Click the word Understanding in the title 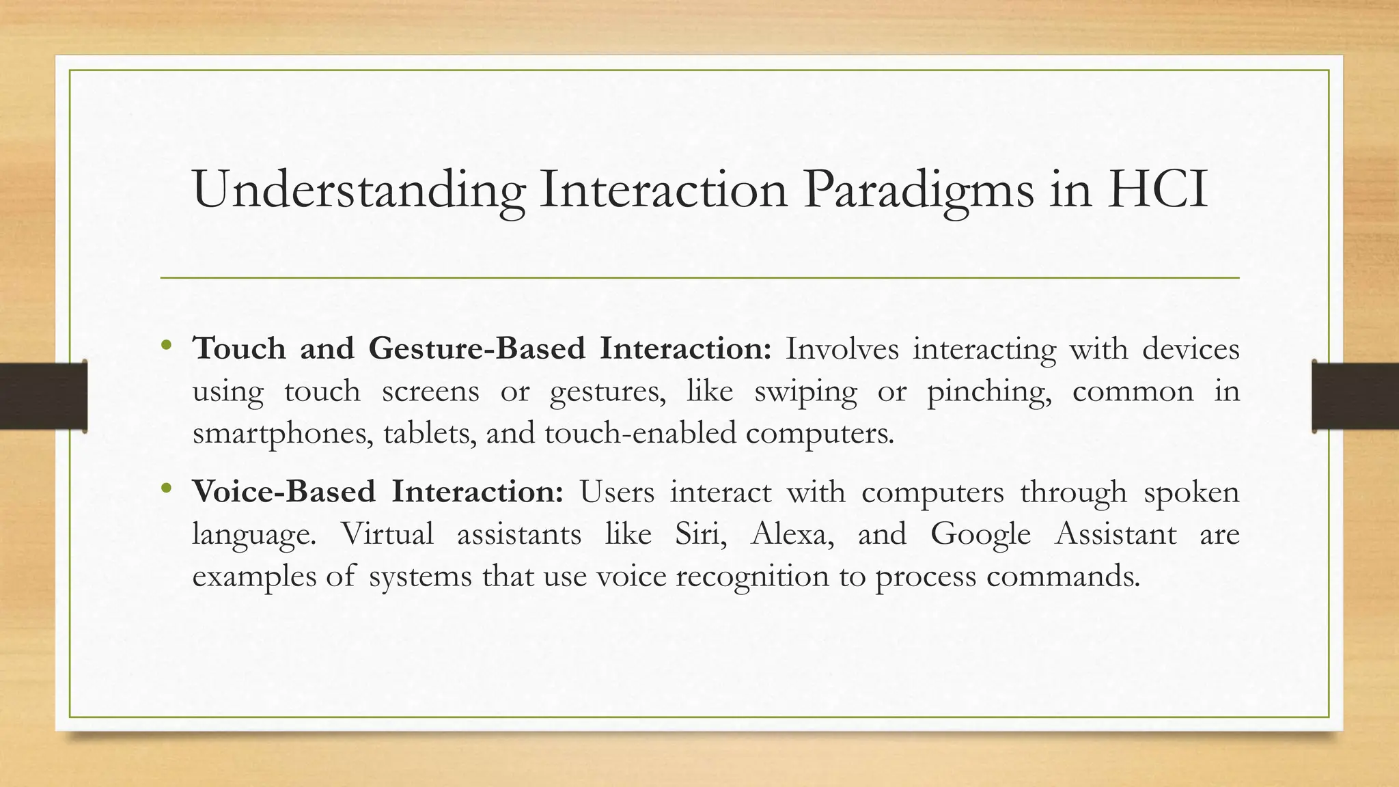[x=359, y=190]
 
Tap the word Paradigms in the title [x=918, y=190]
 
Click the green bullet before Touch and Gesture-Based [x=165, y=345]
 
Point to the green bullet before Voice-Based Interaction [x=165, y=488]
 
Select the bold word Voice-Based [x=283, y=492]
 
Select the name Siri [x=699, y=534]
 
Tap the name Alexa [x=792, y=534]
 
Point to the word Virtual [x=387, y=534]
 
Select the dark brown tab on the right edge [x=1356, y=396]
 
